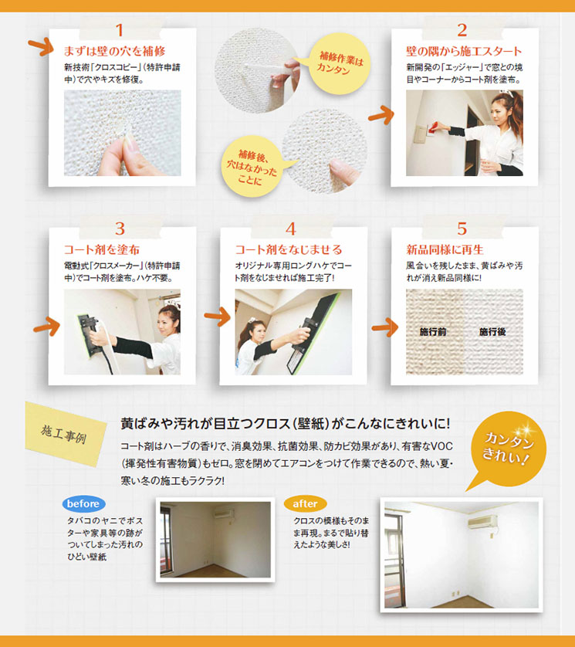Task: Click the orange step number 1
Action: click(x=120, y=30)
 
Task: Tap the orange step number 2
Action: click(x=462, y=30)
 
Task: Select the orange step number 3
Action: click(x=120, y=229)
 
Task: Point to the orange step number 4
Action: click(x=291, y=229)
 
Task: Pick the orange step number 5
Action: click(x=462, y=229)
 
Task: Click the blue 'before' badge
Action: click(x=83, y=504)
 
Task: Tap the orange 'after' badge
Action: click(x=305, y=504)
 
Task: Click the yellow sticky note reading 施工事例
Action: click(x=64, y=434)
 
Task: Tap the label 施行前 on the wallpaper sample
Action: click(x=433, y=332)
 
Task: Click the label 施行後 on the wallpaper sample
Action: click(x=492, y=332)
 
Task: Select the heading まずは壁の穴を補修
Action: click(x=114, y=51)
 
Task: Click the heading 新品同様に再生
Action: click(x=445, y=249)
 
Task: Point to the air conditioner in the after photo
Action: click(x=482, y=522)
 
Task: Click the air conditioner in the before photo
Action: click(x=224, y=514)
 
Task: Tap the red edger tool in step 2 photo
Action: click(x=432, y=129)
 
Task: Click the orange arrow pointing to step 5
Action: click(x=384, y=328)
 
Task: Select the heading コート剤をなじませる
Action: click(x=289, y=249)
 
